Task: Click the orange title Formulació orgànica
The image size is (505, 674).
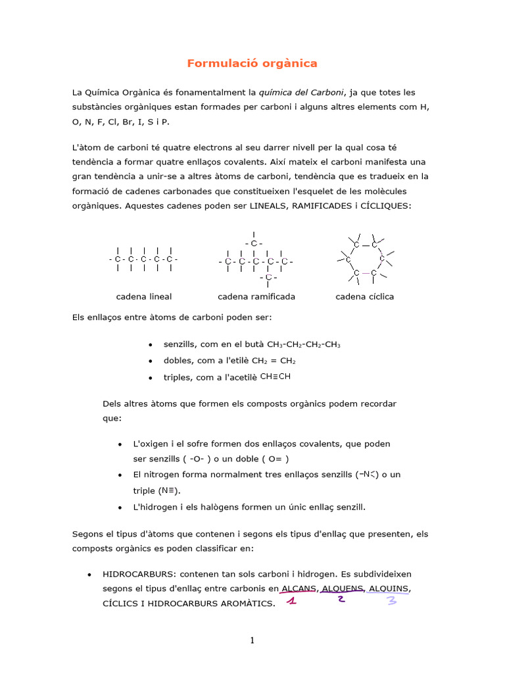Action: point(252,63)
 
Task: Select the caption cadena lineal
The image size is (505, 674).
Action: point(144,296)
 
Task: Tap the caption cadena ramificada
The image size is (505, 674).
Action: point(256,296)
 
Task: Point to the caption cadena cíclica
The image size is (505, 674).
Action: point(364,296)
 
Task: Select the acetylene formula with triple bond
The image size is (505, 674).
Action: point(275,376)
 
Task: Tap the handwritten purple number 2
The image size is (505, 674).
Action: point(341,598)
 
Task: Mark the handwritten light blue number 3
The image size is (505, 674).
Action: point(392,600)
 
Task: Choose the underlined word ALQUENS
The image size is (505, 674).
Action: point(343,588)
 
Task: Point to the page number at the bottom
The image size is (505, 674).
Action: point(252,641)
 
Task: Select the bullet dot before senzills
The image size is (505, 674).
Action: point(151,345)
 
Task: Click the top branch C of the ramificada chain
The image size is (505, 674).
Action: point(254,244)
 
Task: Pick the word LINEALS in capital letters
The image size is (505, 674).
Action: point(268,205)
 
